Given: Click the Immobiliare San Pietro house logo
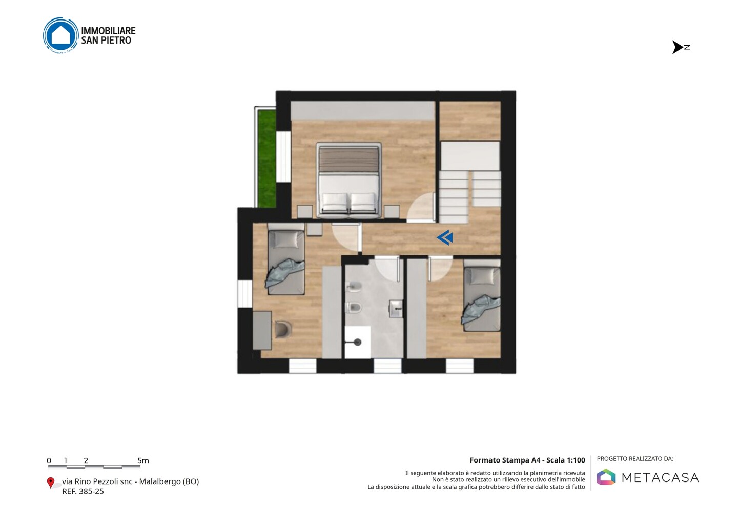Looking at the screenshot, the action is [61, 35].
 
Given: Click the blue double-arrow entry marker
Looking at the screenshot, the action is [445, 237].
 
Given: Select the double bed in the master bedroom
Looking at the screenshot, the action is [348, 180].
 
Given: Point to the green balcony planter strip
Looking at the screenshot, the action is [267, 158].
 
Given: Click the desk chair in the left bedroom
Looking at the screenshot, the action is [283, 330].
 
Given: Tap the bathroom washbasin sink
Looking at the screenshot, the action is [396, 309].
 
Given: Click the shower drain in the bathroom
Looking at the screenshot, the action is [357, 342].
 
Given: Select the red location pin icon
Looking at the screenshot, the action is [50, 483].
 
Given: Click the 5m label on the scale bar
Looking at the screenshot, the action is [143, 460].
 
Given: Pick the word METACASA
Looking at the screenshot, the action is [660, 477].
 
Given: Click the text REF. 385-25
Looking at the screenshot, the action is [83, 491].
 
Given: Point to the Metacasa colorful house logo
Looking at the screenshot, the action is [606, 477].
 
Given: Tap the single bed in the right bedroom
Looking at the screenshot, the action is [482, 295].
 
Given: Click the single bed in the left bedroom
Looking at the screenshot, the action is [285, 259].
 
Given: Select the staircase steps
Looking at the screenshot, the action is [470, 197].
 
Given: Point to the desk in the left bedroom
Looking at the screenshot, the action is [262, 330].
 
